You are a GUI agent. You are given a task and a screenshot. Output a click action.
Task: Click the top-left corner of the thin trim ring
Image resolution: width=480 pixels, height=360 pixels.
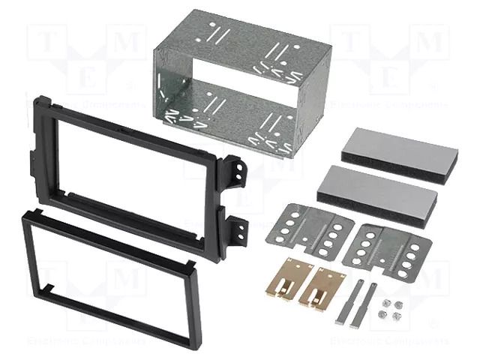click(x=25, y=214)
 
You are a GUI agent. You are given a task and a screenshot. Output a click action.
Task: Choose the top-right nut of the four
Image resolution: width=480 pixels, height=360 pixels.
click(x=397, y=304)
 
